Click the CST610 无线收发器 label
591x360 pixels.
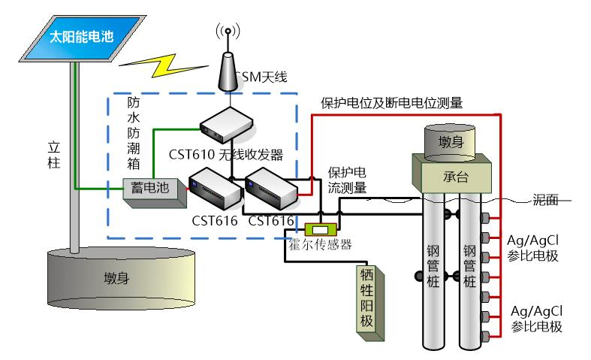(x=225, y=155)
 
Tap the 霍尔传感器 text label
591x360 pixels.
(x=321, y=244)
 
